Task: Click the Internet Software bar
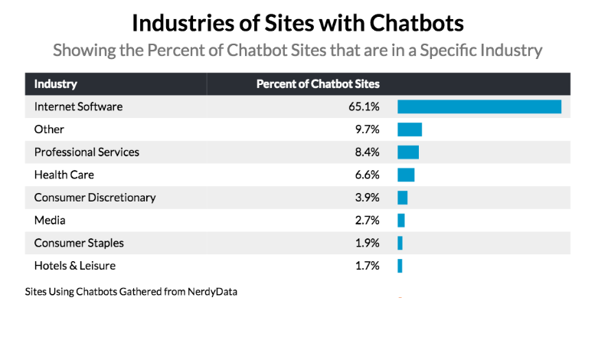[x=479, y=106]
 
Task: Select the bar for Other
[x=410, y=129]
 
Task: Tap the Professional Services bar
[x=408, y=152]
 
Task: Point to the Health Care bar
[x=406, y=175]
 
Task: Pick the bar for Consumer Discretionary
[x=403, y=198]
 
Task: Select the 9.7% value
[x=367, y=129]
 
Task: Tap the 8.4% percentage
[x=367, y=152]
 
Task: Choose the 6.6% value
[x=367, y=175]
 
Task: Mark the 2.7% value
[x=367, y=221]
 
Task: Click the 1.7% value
[x=367, y=266]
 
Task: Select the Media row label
[x=50, y=221]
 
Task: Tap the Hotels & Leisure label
[x=75, y=266]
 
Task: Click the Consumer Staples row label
[x=79, y=243]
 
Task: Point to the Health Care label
[x=64, y=175]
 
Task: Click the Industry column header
[x=56, y=84]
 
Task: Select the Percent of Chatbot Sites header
[x=318, y=84]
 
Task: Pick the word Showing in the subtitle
[x=83, y=51]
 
